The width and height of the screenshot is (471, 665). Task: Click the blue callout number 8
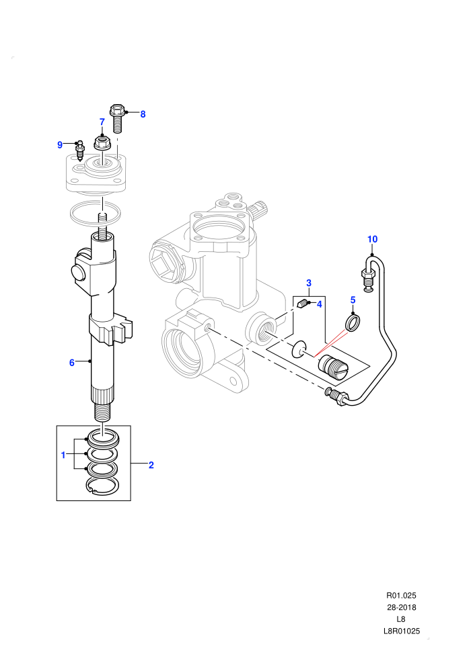tap(143, 114)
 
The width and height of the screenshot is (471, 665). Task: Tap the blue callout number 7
tap(102, 122)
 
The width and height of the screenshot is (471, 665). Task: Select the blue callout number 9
tap(60, 145)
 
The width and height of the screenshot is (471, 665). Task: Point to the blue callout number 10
tap(373, 239)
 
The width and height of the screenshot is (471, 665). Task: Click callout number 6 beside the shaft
tap(72, 363)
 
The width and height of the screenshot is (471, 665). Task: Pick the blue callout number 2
tap(151, 465)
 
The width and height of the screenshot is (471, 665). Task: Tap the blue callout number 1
tap(63, 455)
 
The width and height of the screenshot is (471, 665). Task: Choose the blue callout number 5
tap(353, 300)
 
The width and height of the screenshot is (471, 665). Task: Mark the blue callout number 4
tap(320, 304)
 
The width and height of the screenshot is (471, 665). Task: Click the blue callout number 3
tap(309, 283)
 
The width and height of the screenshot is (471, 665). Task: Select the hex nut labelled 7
tap(102, 142)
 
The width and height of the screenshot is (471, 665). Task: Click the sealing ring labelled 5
tap(353, 322)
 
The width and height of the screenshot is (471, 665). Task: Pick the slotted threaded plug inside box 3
tap(334, 367)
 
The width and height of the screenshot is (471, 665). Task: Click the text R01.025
tap(401, 595)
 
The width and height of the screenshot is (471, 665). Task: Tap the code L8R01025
tap(401, 631)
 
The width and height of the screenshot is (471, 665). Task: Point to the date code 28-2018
tap(401, 607)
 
